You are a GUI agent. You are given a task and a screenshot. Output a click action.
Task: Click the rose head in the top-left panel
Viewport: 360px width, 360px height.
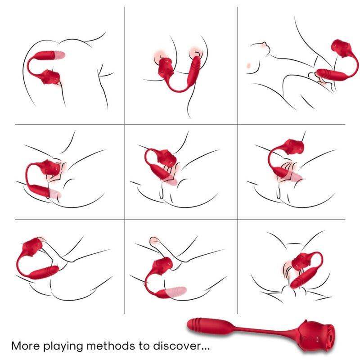51,77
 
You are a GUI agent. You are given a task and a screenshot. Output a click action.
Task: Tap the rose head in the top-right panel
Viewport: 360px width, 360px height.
341,50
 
